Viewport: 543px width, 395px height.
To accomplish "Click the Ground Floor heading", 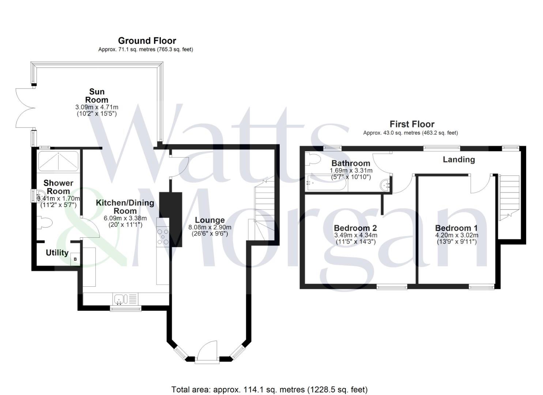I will tap(147, 41).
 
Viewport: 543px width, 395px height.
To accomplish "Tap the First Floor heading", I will tap(412, 124).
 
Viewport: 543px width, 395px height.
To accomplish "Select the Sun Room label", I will tap(97, 95).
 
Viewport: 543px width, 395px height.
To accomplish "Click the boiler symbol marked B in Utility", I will tap(75, 259).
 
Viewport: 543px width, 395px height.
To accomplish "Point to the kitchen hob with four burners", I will tap(163, 236).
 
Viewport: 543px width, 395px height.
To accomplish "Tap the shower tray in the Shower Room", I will tap(58, 161).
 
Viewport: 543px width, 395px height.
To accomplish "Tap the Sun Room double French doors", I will tap(24, 108).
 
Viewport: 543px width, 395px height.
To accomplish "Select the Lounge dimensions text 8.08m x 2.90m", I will tap(210, 227).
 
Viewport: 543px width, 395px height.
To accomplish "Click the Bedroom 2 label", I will tap(355, 228).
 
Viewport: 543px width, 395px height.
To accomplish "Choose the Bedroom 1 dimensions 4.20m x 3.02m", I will tap(456, 235).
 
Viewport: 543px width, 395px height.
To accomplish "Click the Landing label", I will tap(459, 159).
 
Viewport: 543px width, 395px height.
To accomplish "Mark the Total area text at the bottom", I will tap(269, 390).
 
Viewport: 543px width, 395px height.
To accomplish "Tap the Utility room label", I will tap(57, 253).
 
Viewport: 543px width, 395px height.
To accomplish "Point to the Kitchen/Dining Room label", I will tap(125, 207).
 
